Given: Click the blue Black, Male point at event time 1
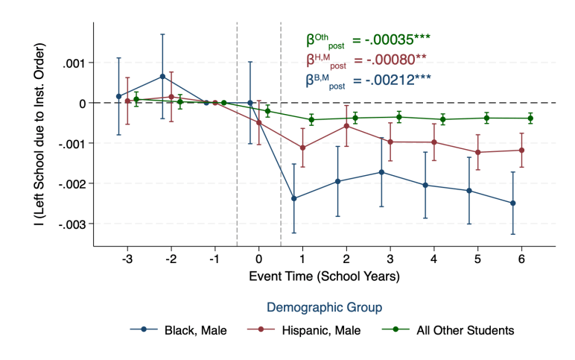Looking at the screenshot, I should pyautogui.click(x=294, y=198).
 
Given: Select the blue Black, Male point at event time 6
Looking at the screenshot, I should pyautogui.click(x=513, y=203).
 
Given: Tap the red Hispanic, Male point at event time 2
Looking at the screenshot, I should pyautogui.click(x=346, y=126).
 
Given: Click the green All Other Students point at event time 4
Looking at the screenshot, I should pyautogui.click(x=442, y=119).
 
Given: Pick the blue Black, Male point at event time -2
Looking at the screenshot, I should pyautogui.click(x=162, y=76).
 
